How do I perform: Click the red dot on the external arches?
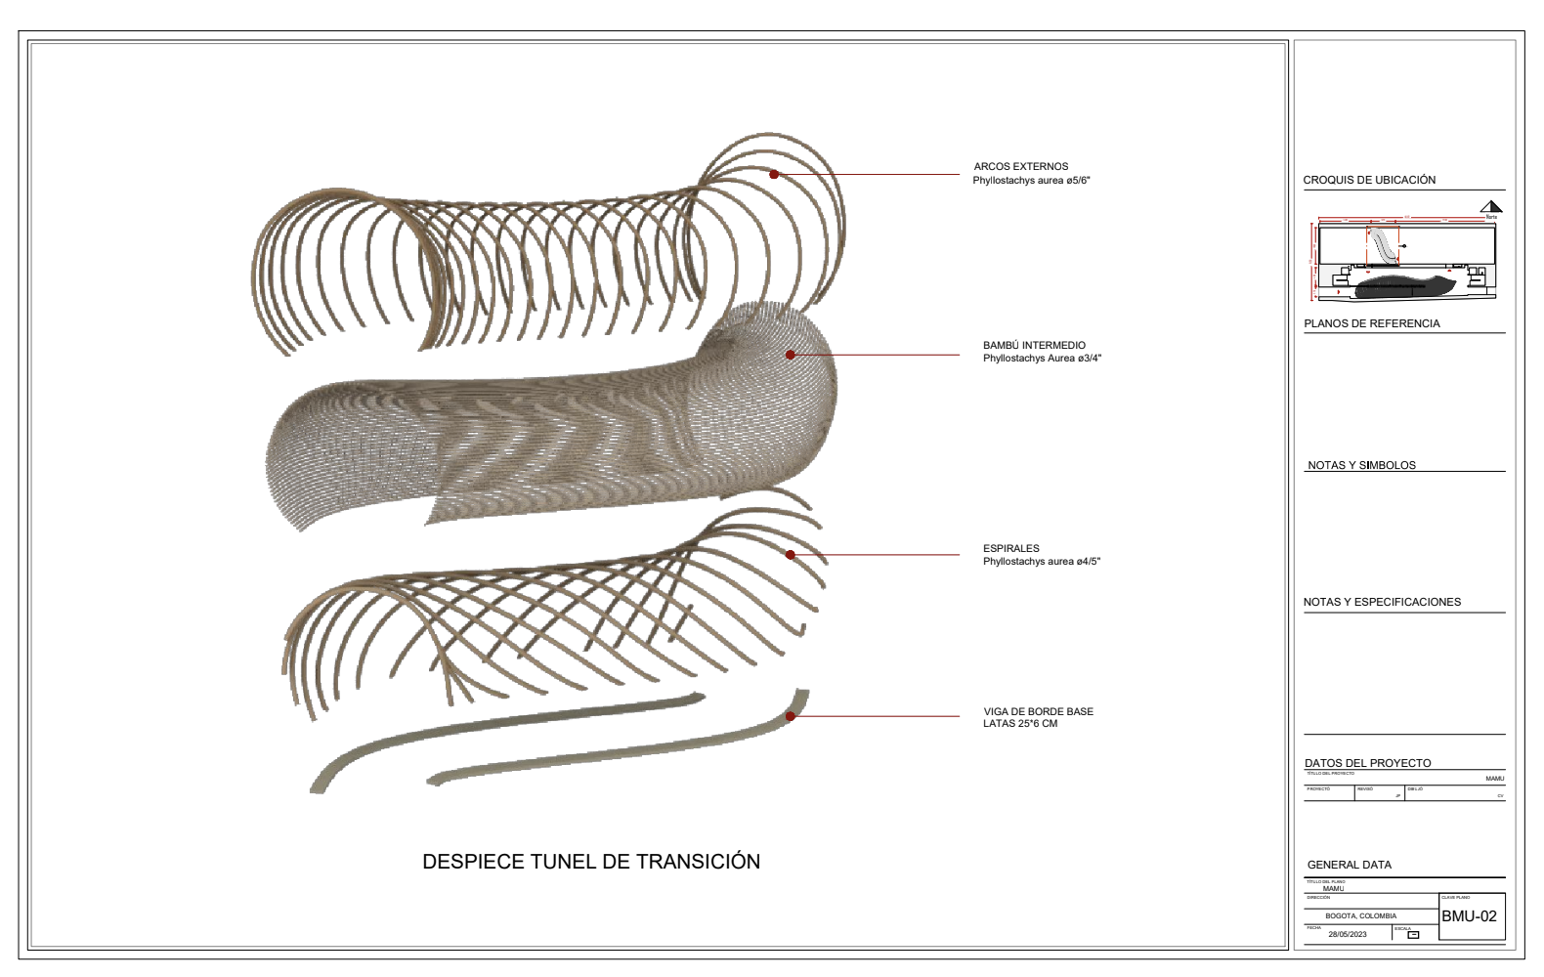coord(774,175)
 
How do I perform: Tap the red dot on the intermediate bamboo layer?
coord(791,355)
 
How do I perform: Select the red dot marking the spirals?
coord(791,555)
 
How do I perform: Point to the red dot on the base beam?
coord(791,716)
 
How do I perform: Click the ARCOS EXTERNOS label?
coord(1021,167)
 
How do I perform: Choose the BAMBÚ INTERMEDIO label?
coord(1034,346)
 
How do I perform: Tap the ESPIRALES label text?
coord(1011,549)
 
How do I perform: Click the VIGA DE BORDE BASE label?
coord(1038,712)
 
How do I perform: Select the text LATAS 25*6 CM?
coord(1020,724)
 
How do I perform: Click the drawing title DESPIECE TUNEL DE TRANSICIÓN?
coord(591,862)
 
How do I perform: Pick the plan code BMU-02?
coord(1470,916)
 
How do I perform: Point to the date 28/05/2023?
coord(1348,934)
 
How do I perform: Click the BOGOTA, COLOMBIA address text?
coord(1360,916)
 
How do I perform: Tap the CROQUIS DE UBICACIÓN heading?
coord(1369,181)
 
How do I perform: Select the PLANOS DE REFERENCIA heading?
coord(1371,324)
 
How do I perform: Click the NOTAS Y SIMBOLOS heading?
coord(1361,466)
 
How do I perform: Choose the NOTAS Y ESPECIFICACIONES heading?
coord(1382,603)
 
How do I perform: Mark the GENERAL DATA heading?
coord(1349,866)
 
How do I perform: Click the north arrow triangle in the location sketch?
coord(1490,206)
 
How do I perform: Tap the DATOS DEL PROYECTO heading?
coord(1367,764)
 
